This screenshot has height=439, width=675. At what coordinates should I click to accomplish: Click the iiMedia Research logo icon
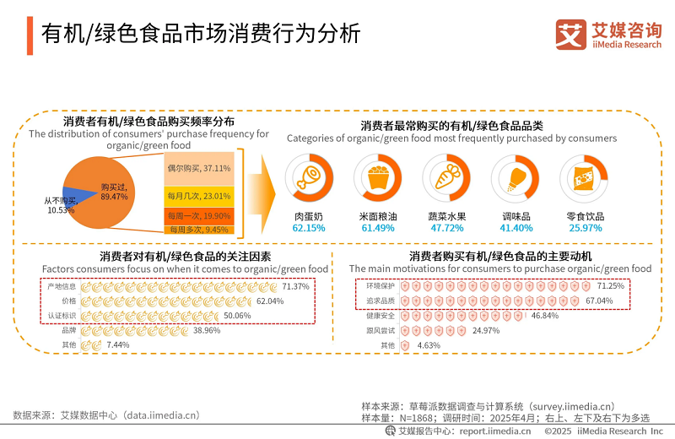(x=570, y=35)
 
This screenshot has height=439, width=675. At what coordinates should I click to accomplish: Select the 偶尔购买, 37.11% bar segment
(x=199, y=168)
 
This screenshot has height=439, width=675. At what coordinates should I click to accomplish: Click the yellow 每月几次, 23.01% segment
(x=199, y=196)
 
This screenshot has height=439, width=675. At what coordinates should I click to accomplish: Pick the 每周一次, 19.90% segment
(x=199, y=215)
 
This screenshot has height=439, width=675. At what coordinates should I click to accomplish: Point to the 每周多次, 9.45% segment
(x=199, y=229)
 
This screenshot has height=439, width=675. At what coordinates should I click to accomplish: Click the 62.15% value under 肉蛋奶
(x=308, y=228)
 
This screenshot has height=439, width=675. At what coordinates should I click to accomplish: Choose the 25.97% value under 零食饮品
(x=585, y=228)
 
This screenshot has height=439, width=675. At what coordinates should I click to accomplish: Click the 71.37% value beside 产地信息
(x=295, y=287)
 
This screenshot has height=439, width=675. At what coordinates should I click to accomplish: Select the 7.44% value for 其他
(x=118, y=344)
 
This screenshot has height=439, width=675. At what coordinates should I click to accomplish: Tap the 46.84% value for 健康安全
(x=545, y=316)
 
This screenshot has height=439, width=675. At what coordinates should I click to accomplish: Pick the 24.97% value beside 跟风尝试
(x=486, y=330)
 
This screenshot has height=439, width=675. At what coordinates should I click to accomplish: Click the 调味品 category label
(x=516, y=216)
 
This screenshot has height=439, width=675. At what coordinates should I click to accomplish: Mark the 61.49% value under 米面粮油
(x=376, y=228)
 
